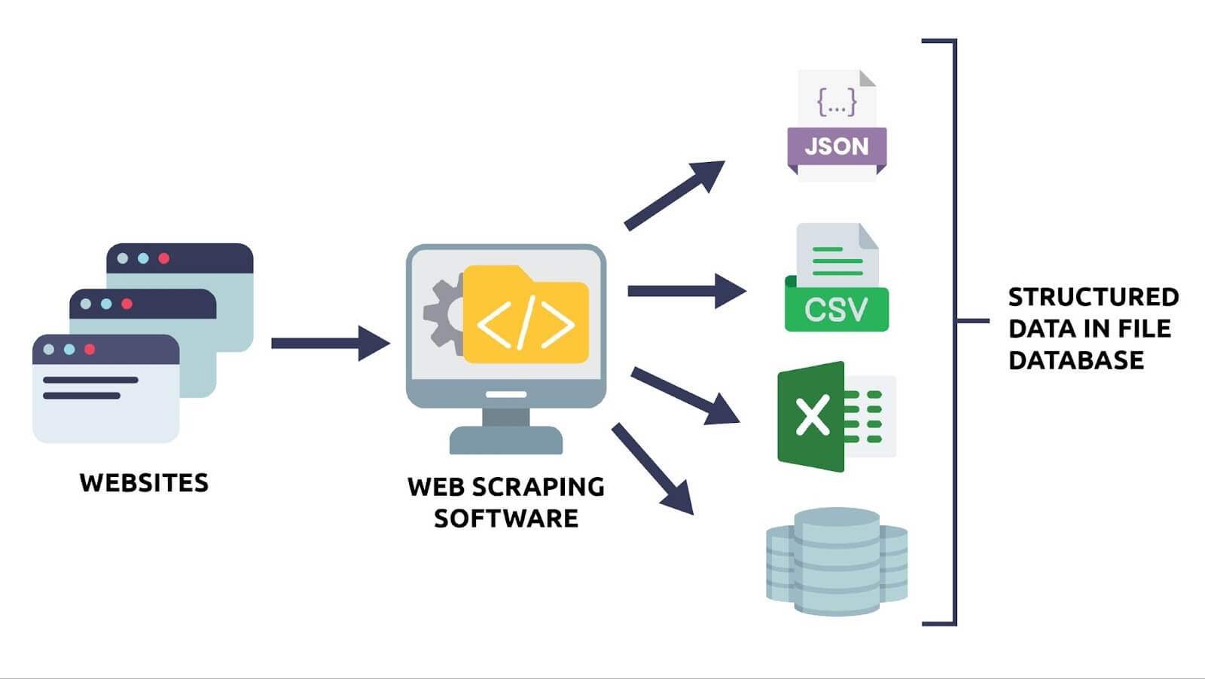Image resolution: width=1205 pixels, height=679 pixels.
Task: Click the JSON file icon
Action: [x=837, y=125]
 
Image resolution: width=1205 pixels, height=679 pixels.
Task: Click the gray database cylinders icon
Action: [x=837, y=561]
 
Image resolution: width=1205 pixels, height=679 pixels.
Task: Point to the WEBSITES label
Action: [x=144, y=483]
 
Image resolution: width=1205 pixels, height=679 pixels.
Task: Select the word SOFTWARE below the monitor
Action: [x=506, y=518]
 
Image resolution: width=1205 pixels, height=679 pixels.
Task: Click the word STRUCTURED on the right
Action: [x=1093, y=297]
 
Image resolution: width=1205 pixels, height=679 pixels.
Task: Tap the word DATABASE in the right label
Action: [x=1075, y=360]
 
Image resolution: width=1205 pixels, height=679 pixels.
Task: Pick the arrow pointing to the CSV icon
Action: [x=685, y=291]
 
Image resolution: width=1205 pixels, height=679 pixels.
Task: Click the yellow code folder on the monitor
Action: [x=526, y=317]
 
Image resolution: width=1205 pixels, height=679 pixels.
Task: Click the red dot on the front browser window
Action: [x=90, y=350]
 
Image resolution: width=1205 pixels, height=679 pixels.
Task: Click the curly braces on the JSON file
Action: [x=837, y=102]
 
